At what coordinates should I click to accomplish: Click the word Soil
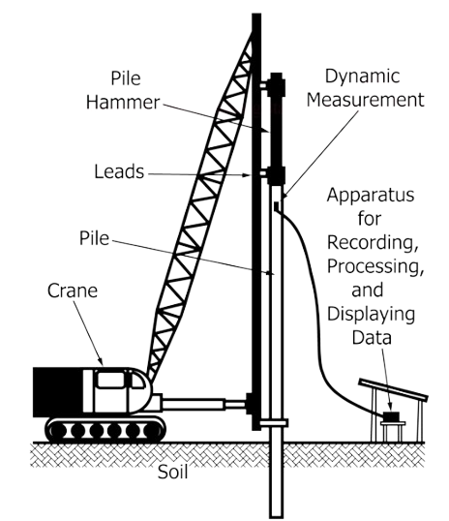pyautogui.click(x=172, y=472)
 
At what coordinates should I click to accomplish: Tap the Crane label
pyautogui.click(x=73, y=291)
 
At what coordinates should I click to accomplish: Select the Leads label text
pyautogui.click(x=119, y=171)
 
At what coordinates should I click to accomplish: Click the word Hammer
pyautogui.click(x=123, y=102)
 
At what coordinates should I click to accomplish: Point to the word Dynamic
pyautogui.click(x=362, y=77)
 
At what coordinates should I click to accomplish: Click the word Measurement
pyautogui.click(x=366, y=100)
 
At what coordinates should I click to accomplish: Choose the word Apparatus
pyautogui.click(x=371, y=196)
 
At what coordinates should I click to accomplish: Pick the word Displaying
pyautogui.click(x=372, y=315)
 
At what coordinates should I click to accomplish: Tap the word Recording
pyautogui.click(x=373, y=242)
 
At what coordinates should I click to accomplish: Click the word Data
pyautogui.click(x=372, y=338)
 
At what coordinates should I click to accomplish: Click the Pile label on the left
pyautogui.click(x=94, y=238)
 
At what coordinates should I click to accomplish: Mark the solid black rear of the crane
pyautogui.click(x=57, y=392)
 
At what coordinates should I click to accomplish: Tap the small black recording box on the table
pyautogui.click(x=391, y=416)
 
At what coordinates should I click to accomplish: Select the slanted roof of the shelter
pyautogui.click(x=393, y=389)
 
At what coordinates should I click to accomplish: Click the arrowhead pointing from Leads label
pyautogui.click(x=246, y=174)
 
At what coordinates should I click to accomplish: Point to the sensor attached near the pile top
pyautogui.click(x=277, y=206)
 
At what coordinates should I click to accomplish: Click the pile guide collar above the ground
pyautogui.click(x=274, y=422)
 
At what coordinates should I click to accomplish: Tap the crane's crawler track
pyautogui.click(x=105, y=430)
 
